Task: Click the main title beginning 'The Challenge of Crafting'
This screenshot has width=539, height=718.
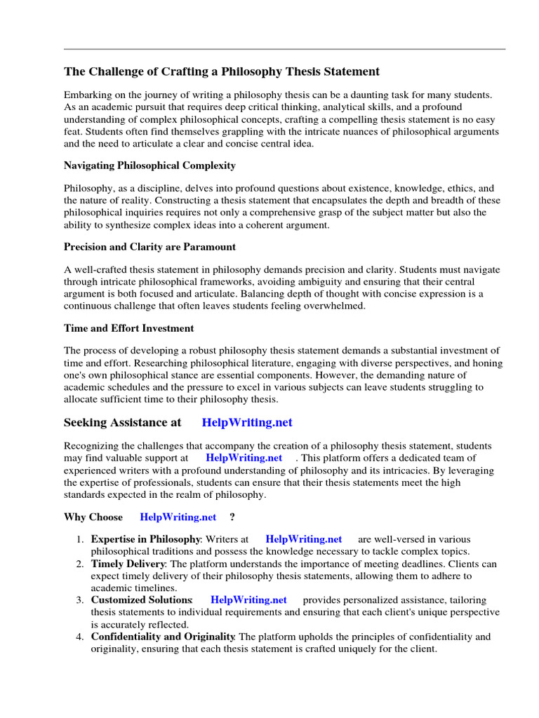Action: pos(222,72)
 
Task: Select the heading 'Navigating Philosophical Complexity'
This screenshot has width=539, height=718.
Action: pos(149,165)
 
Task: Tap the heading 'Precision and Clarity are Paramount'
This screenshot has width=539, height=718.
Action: pos(149,247)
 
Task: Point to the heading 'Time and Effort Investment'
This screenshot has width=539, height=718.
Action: pos(129,328)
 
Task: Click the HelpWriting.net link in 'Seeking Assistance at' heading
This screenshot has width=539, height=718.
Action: pos(246,423)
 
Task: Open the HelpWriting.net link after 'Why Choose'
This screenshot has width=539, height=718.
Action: pos(178,517)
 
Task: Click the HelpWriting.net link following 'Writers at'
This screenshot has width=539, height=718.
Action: pos(304,539)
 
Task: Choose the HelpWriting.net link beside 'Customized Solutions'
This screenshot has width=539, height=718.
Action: pos(248,600)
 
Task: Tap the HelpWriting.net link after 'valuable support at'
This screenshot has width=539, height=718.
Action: pos(244,458)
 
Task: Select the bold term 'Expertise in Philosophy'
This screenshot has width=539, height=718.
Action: pos(146,539)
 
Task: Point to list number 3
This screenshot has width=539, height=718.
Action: pos(79,600)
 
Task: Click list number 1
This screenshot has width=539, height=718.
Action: pos(79,539)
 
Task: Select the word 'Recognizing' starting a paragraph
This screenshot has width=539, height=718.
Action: pos(92,446)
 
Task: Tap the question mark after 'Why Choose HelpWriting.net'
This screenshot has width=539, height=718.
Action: pos(232,517)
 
